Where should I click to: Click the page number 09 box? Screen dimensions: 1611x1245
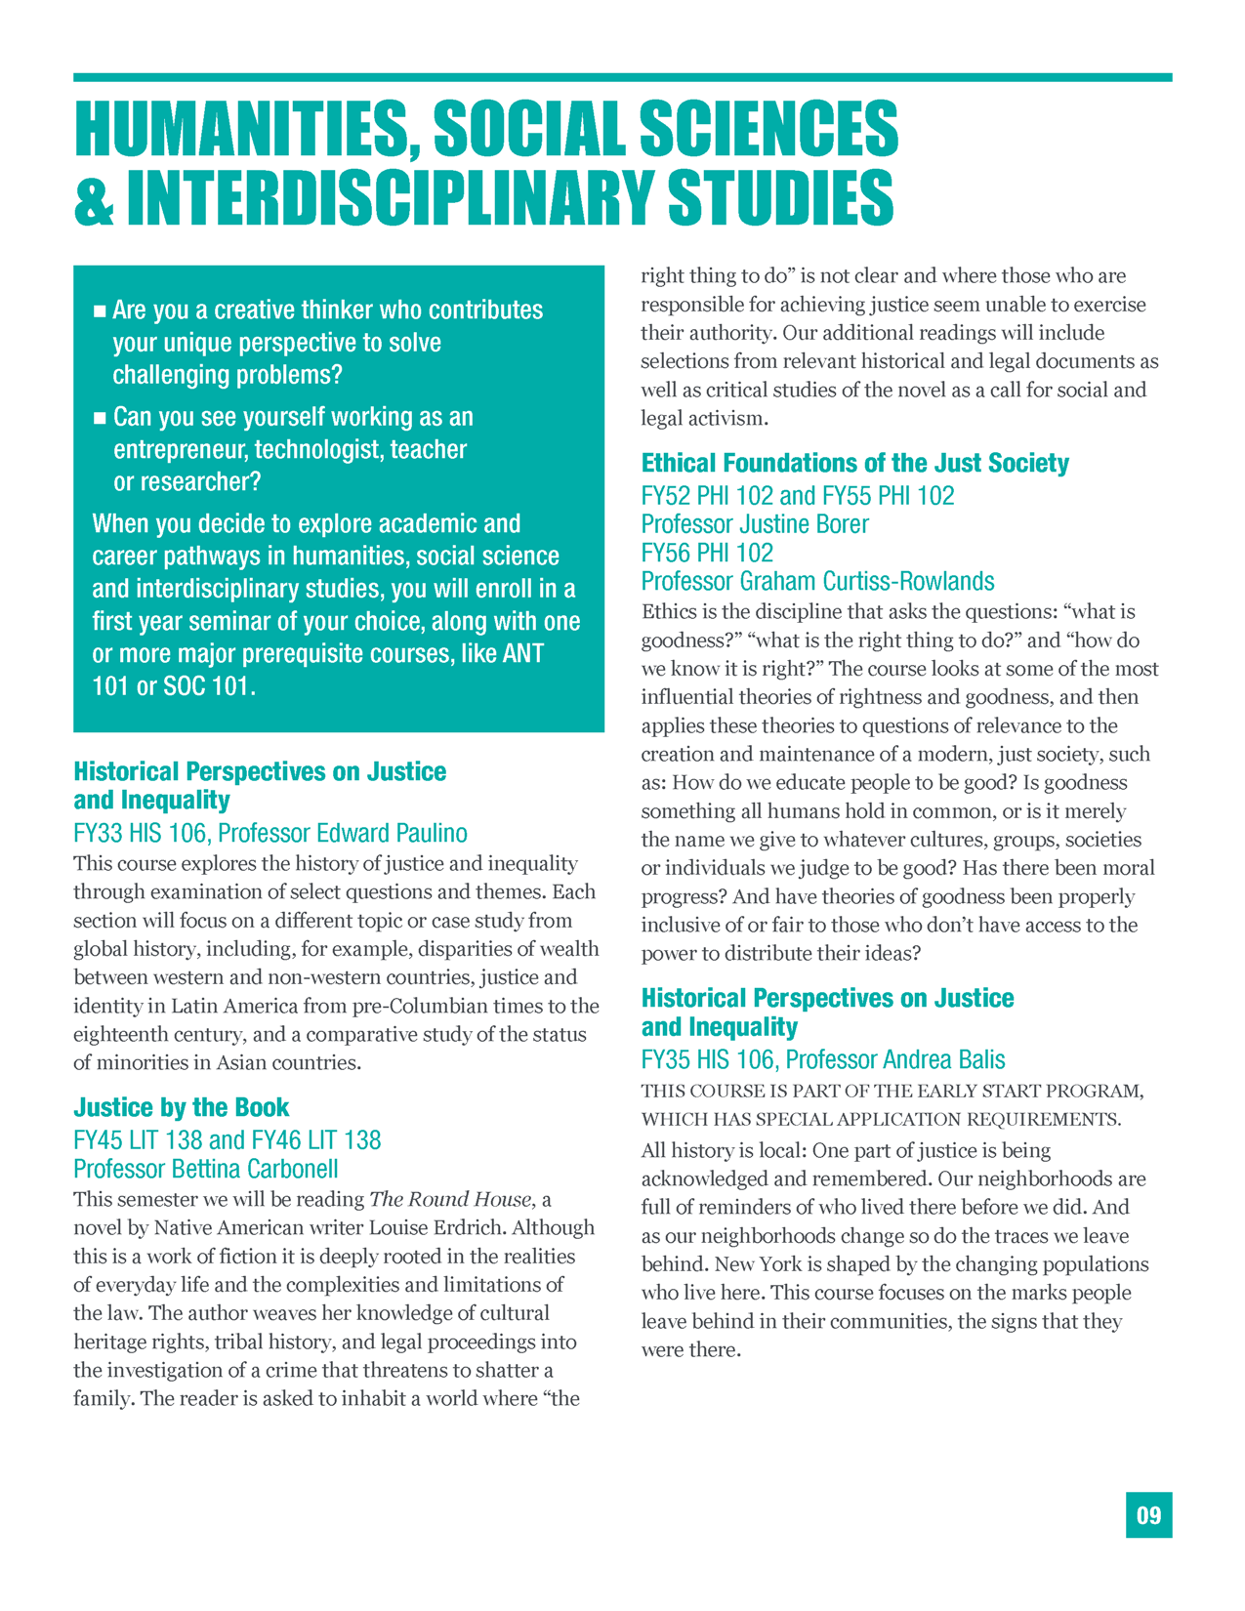pyautogui.click(x=1148, y=1514)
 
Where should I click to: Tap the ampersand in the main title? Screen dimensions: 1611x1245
pyautogui.click(x=94, y=198)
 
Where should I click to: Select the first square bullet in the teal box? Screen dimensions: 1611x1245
pyautogui.click(x=99, y=311)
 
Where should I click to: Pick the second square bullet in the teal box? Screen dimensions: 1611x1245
pyautogui.click(x=99, y=419)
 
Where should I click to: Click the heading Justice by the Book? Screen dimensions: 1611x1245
pyautogui.click(x=182, y=1107)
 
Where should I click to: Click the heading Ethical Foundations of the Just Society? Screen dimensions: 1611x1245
pyautogui.click(x=854, y=463)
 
